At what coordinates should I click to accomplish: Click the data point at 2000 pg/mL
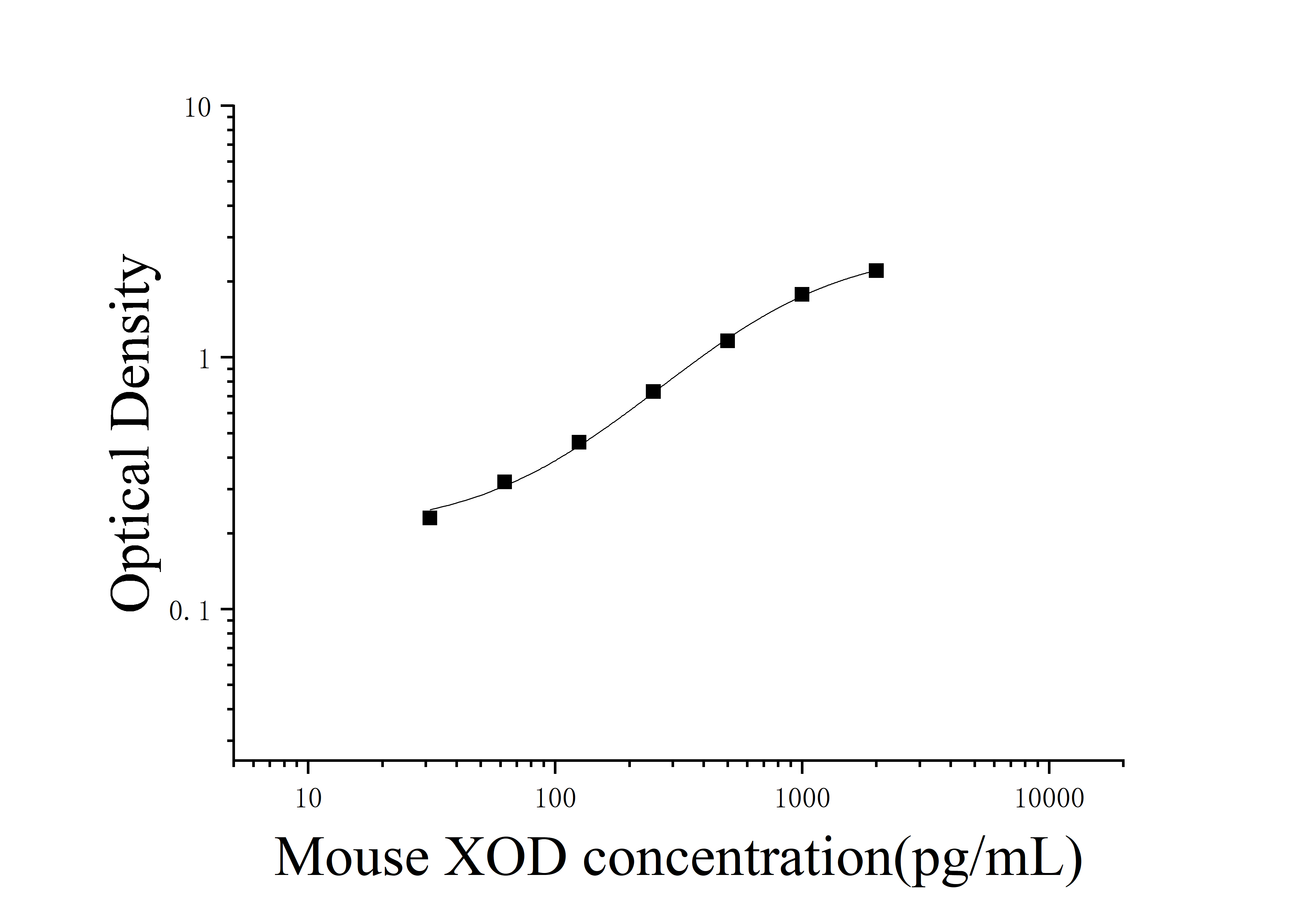876,270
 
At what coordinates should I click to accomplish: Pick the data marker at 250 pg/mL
653,392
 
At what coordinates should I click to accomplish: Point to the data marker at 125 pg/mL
579,442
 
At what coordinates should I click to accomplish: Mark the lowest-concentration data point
430,518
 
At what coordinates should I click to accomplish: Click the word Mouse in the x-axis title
352,857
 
